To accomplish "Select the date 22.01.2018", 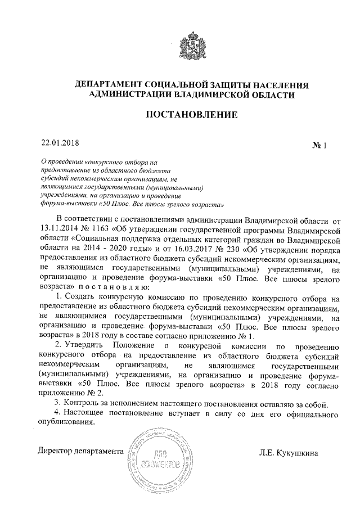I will [x=57, y=143].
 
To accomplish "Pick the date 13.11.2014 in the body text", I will [x=58, y=229].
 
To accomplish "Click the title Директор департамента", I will [x=80, y=451].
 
